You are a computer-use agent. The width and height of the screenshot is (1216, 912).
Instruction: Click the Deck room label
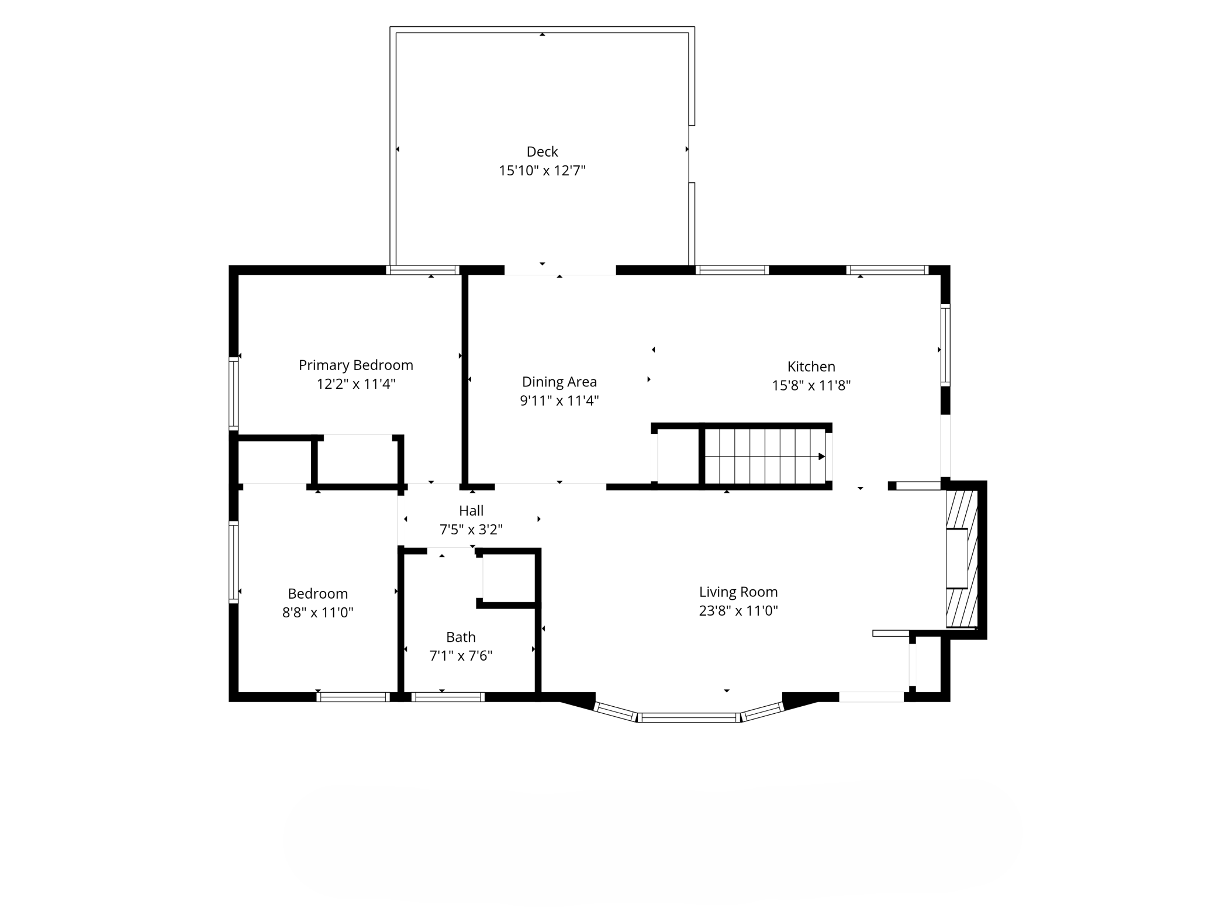[x=542, y=152]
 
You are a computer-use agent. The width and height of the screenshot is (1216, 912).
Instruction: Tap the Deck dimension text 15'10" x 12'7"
[x=542, y=171]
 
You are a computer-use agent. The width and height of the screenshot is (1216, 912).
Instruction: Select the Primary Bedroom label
[x=356, y=365]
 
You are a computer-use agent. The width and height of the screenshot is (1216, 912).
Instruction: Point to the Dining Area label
[x=559, y=382]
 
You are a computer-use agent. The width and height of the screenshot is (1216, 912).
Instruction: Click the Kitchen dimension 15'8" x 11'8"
[x=811, y=385]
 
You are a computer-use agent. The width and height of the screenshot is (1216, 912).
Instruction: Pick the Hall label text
[x=471, y=510]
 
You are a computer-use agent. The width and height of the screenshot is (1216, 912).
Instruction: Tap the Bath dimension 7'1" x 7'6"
[x=461, y=656]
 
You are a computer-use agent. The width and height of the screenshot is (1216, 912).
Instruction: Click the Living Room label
[x=738, y=592]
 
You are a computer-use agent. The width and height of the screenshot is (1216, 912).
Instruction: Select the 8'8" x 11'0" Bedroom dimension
[x=317, y=613]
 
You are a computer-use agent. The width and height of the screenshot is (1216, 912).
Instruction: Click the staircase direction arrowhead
[x=821, y=457]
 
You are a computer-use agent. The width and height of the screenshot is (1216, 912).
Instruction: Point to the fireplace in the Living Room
[x=962, y=558]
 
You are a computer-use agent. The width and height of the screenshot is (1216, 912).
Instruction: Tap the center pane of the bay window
[x=689, y=717]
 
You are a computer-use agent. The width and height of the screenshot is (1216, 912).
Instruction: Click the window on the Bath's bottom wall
[x=448, y=697]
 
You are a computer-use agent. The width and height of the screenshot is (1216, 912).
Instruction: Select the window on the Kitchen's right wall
[x=945, y=345]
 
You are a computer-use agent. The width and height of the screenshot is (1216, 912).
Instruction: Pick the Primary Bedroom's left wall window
[x=233, y=394]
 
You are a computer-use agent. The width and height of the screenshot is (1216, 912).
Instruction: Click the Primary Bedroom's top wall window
[x=423, y=270]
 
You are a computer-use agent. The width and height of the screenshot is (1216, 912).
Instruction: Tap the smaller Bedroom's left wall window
[x=233, y=562]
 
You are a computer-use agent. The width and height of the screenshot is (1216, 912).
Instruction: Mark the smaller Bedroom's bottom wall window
[x=353, y=697]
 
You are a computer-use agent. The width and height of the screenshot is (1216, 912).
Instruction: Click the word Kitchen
[x=811, y=367]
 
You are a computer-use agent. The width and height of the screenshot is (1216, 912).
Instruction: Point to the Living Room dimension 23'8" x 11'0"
[x=738, y=611]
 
